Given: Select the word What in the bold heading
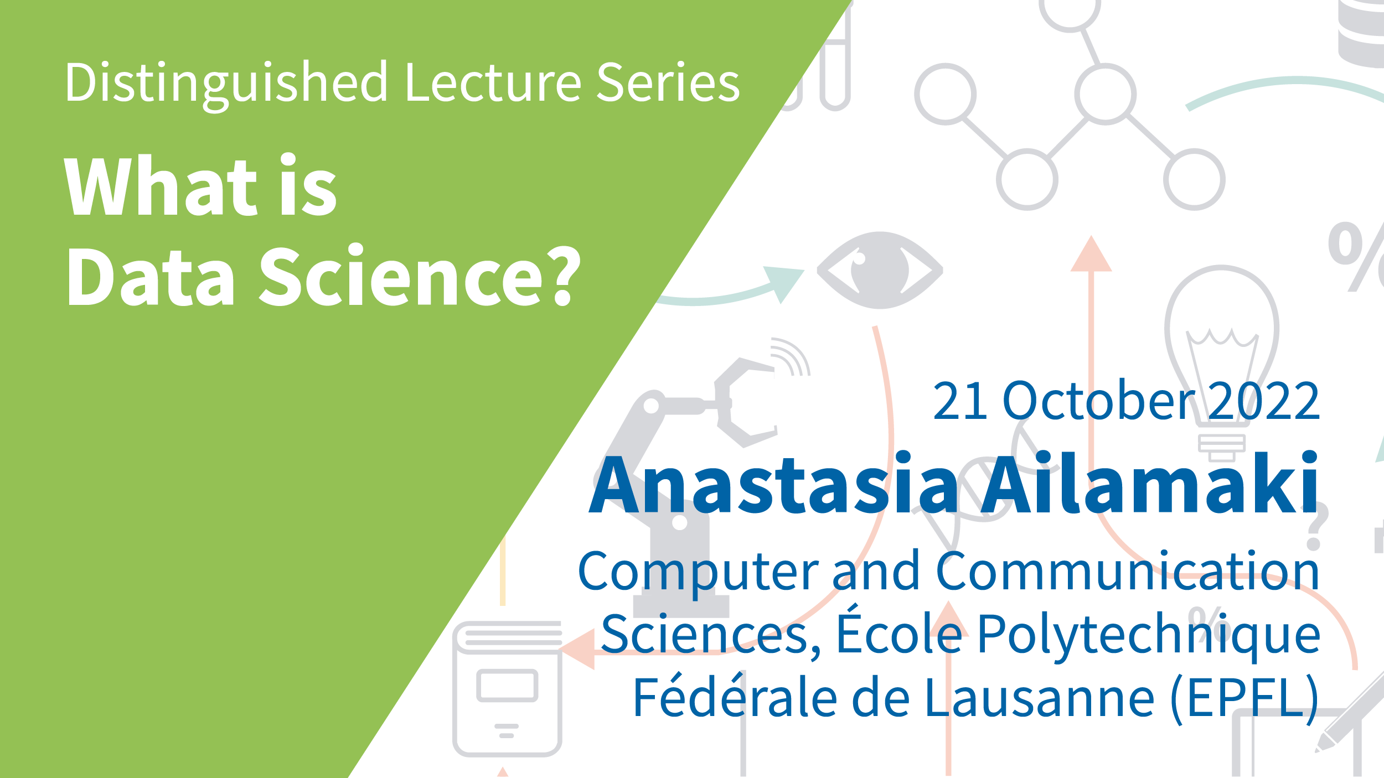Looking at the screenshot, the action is pos(161,185).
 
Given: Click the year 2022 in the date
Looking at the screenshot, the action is pos(1264,401).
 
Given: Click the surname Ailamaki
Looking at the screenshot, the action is pos(1149,482).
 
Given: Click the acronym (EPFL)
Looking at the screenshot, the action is pos(1245,698).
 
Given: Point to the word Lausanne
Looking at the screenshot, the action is pos(1039,697).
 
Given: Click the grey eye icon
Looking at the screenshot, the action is pos(880,270).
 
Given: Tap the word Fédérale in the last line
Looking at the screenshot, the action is pos(735,696).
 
